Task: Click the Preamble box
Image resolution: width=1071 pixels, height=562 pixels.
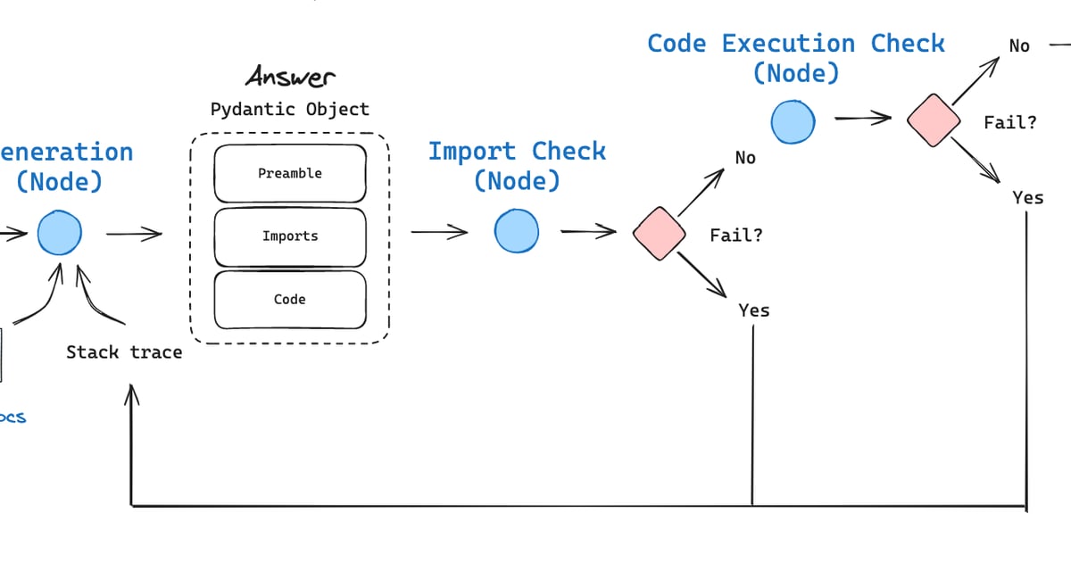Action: pos(290,173)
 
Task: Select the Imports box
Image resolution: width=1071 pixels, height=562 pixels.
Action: pos(290,236)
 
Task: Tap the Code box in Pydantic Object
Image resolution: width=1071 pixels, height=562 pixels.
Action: pos(290,300)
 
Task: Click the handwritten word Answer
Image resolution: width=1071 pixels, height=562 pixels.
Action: pos(290,77)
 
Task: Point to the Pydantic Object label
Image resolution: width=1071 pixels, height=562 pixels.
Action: pos(290,110)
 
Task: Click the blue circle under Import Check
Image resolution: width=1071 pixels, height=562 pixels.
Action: pos(517,231)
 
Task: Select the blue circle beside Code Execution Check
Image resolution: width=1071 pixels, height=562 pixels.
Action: pos(793,121)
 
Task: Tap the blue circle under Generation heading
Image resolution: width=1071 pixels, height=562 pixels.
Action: pos(60,235)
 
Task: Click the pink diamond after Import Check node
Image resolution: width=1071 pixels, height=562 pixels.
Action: pos(659,234)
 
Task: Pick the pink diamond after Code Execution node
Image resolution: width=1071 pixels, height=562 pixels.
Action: pos(934,120)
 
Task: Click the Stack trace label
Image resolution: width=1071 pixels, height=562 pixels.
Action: pos(124,352)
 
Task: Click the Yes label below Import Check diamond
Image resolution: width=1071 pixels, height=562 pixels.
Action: pos(754,310)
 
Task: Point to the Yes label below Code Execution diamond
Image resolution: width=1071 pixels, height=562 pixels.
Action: pos(1027,198)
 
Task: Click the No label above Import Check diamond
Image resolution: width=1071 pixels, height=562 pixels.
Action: pos(745,158)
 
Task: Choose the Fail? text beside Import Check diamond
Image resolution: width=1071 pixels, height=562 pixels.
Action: pos(736,236)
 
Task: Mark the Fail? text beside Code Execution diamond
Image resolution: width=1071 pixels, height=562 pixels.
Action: pos(1010,123)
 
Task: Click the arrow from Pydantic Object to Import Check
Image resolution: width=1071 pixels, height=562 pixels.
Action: pos(439,233)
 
